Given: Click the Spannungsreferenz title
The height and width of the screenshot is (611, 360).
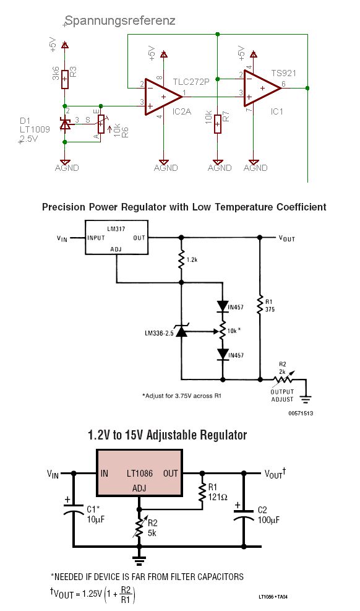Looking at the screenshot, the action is [120, 20].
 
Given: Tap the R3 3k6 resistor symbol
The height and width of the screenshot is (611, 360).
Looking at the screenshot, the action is [65, 79].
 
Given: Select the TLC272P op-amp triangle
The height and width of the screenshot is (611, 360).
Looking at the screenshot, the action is [163, 97].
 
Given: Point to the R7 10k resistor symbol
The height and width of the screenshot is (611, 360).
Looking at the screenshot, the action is [218, 124].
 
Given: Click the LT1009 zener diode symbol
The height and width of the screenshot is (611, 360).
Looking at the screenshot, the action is [65, 124].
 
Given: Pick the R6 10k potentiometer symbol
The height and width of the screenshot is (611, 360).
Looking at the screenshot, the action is [101, 124].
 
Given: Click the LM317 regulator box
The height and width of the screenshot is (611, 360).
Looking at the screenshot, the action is [116, 237].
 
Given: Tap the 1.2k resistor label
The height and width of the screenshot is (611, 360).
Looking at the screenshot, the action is [192, 259].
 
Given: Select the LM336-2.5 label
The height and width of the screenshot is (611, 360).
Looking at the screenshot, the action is [159, 333].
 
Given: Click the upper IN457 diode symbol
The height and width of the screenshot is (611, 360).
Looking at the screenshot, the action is [223, 306].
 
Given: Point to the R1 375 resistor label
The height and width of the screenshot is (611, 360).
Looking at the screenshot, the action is [270, 306].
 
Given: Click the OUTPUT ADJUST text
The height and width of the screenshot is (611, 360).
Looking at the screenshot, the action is [282, 396].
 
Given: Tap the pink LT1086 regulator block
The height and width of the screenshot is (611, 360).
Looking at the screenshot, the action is [139, 473].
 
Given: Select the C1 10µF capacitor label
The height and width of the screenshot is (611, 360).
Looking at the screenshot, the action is [95, 514].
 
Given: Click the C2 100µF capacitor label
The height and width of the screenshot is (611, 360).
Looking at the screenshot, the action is [268, 515].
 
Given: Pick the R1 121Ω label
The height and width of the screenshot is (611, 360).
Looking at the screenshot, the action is [218, 492].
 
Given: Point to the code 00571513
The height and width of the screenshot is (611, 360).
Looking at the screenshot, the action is [301, 413].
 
